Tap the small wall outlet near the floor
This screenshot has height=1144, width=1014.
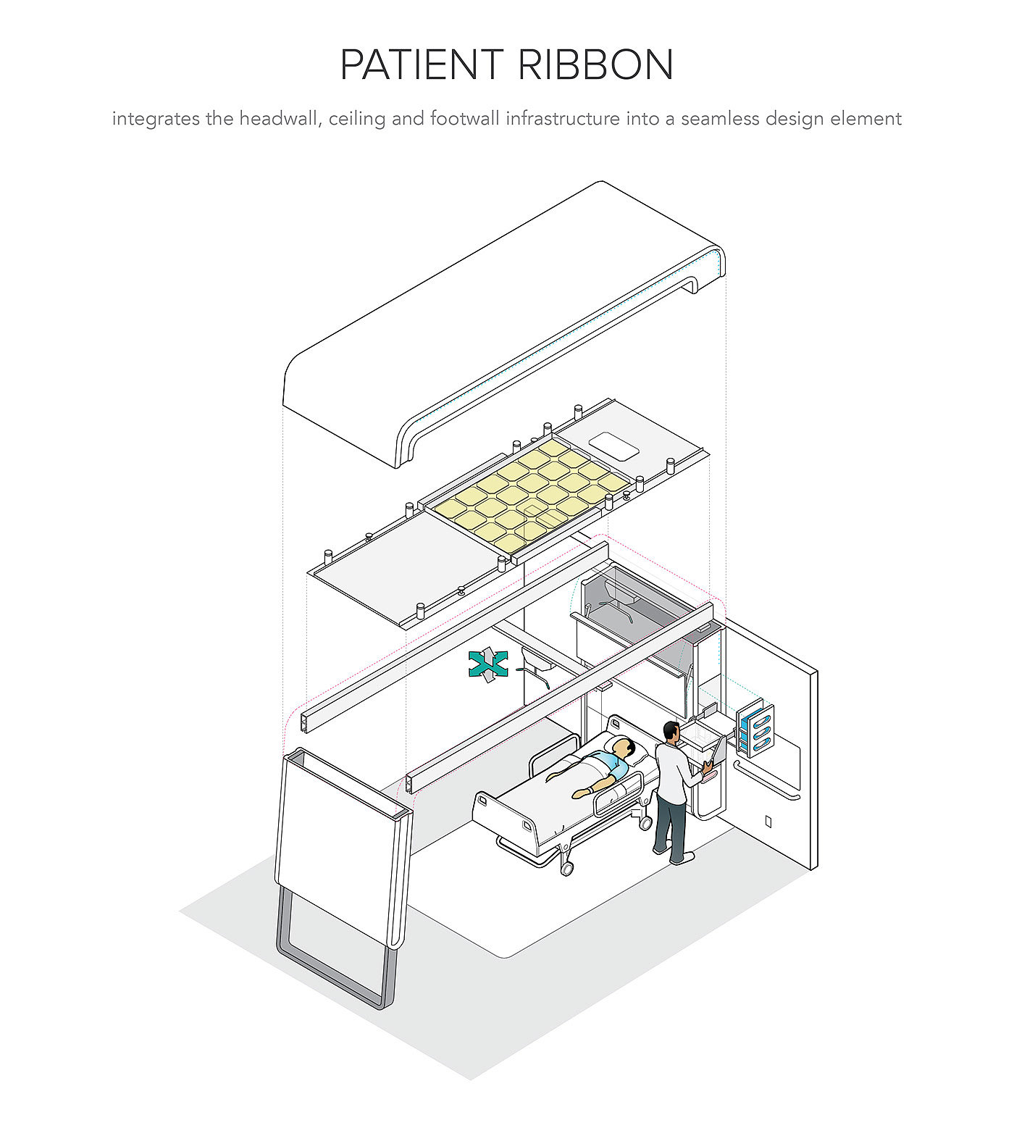(768, 822)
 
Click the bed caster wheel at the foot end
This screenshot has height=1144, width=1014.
(566, 867)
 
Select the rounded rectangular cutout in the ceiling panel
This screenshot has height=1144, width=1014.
(614, 446)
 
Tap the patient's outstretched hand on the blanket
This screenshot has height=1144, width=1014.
(579, 794)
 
